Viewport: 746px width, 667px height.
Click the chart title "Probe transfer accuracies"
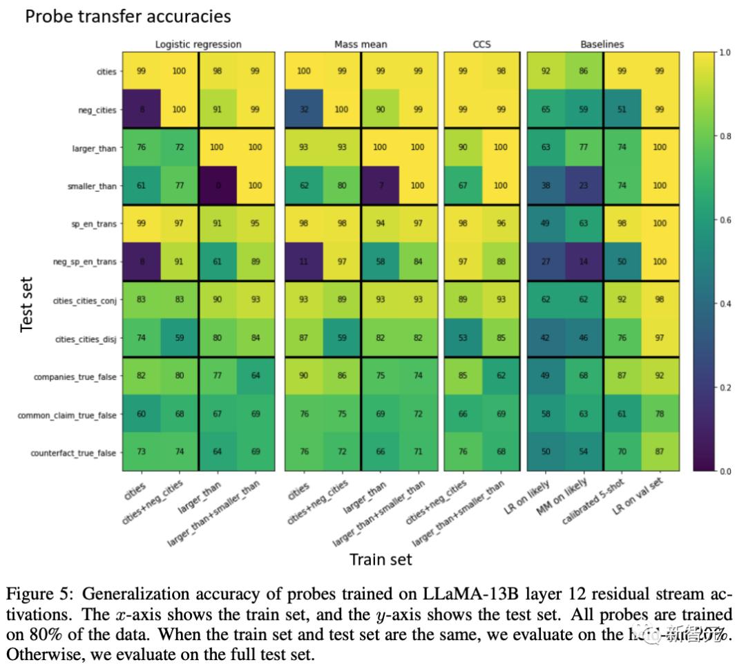click(x=128, y=16)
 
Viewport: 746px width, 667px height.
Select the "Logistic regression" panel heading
click(x=198, y=44)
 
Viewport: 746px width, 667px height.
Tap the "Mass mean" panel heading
click(x=361, y=44)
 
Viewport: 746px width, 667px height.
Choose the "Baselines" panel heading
click(x=602, y=44)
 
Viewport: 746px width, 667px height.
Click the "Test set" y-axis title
click(x=27, y=304)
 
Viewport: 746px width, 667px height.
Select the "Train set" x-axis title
click(x=381, y=558)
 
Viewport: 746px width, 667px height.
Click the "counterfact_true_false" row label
click(x=73, y=452)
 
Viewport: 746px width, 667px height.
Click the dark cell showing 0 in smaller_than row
click(x=218, y=186)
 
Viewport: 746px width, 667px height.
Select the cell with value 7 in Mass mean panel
click(x=380, y=186)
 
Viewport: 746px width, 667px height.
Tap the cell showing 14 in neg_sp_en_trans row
click(x=584, y=262)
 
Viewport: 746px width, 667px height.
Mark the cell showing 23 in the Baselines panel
click(x=584, y=186)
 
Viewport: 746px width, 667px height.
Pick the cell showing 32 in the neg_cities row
click(x=304, y=109)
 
